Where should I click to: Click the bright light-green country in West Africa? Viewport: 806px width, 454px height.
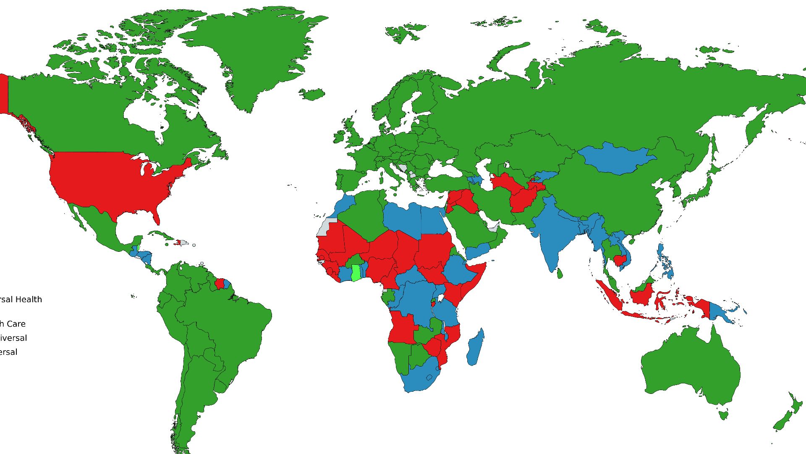point(356,273)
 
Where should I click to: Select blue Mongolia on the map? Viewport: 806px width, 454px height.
point(615,158)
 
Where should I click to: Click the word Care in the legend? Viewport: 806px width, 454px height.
point(16,324)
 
